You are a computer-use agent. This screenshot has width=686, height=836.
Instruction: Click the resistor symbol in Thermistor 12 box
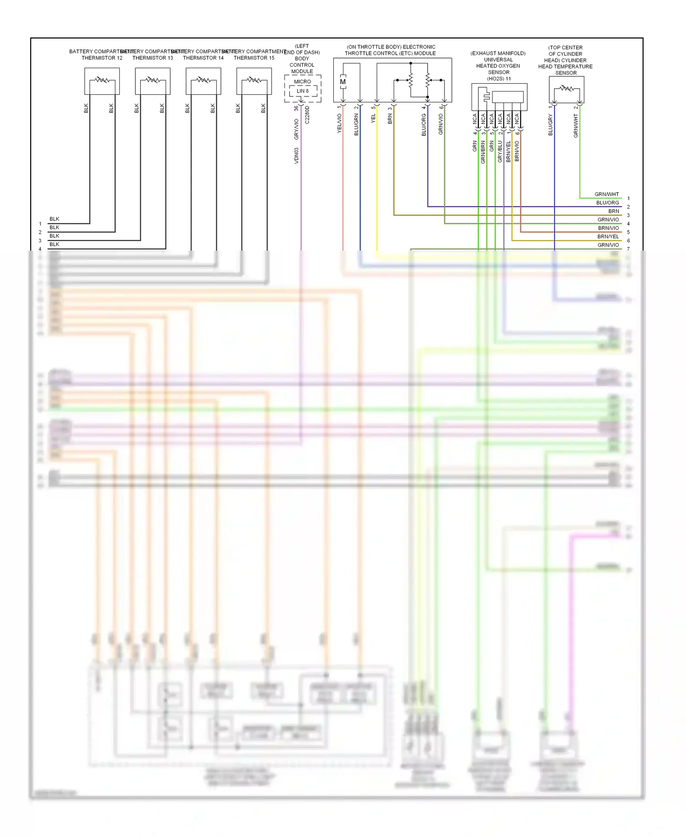[x=102, y=80]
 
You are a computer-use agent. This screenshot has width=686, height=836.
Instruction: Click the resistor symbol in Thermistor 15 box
[x=254, y=80]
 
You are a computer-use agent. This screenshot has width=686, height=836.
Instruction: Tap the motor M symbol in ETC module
[x=343, y=82]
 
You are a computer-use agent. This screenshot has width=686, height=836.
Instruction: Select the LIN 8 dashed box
[x=303, y=91]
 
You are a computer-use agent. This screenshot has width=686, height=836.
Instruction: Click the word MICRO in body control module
[x=302, y=81]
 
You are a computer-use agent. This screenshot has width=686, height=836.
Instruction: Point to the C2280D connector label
[x=307, y=115]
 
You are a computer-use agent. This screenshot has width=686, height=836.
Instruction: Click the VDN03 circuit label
[x=296, y=155]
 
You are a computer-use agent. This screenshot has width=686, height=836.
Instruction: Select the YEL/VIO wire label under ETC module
[x=339, y=124]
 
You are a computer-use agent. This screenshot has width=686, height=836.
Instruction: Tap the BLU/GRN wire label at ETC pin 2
[x=356, y=125]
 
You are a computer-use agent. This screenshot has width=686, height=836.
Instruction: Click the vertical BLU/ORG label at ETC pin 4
[x=423, y=125]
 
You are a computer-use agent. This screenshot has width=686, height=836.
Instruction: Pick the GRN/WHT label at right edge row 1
[x=606, y=194]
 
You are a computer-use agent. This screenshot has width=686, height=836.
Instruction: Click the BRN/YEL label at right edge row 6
[x=608, y=236]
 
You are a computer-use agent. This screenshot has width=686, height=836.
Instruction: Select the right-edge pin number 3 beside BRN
[x=628, y=215]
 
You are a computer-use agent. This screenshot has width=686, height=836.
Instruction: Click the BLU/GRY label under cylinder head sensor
[x=551, y=125]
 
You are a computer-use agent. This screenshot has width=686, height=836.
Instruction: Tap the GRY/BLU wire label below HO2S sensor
[x=500, y=151]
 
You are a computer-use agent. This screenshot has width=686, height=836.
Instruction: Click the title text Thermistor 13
[x=153, y=58]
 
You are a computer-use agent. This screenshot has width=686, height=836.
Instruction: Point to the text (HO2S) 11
[x=498, y=79]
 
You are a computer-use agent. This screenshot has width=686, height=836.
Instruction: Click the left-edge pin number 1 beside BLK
[x=40, y=224]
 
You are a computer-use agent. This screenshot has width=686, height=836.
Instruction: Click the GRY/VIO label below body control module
[x=296, y=129]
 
